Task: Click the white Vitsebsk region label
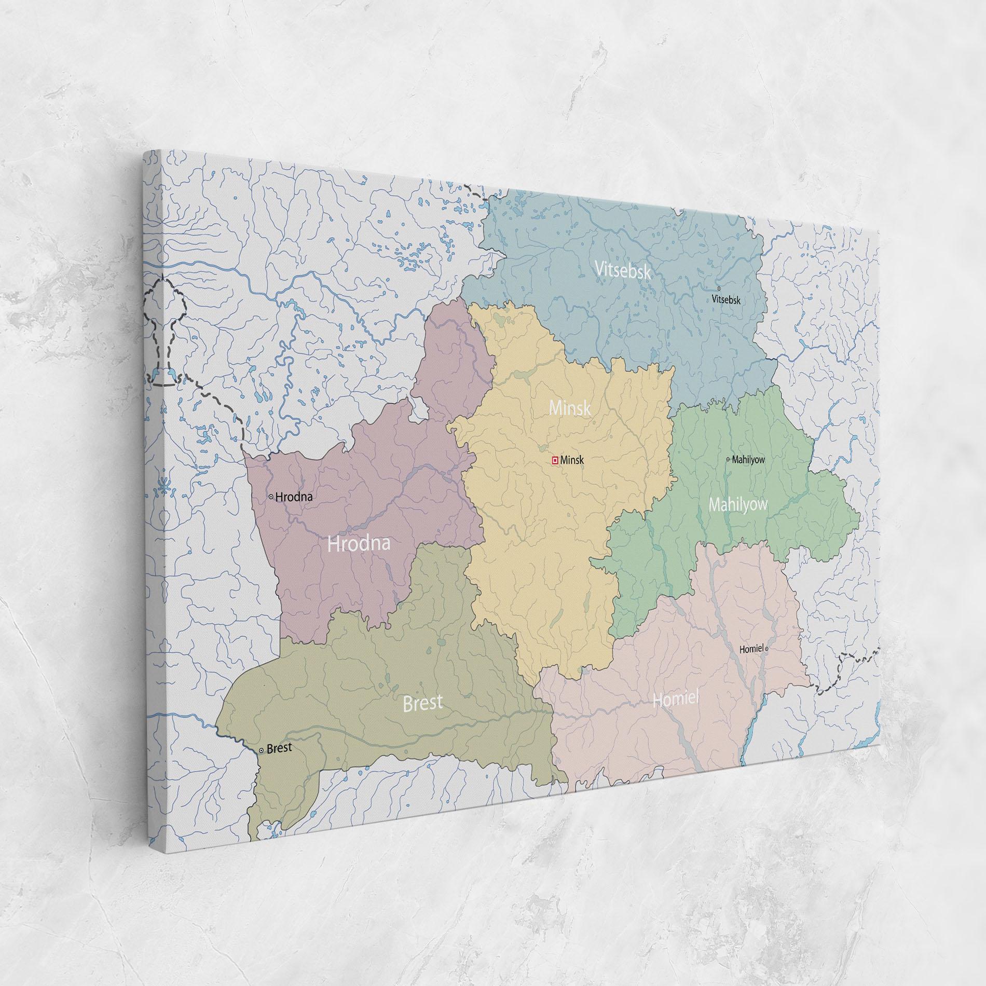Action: click(622, 270)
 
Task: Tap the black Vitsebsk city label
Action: click(726, 299)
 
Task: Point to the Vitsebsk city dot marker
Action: click(719, 289)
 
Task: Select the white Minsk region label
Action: click(570, 408)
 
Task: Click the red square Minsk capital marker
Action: click(554, 460)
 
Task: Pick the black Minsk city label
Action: click(572, 460)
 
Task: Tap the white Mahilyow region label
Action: click(738, 504)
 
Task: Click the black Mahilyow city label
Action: click(748, 460)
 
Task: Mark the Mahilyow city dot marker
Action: click(728, 459)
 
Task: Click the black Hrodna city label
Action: click(294, 497)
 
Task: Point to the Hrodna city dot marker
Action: click(271, 497)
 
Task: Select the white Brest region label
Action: click(422, 703)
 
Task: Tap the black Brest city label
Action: click(279, 748)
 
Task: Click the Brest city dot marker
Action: click(261, 751)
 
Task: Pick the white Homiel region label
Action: click(676, 699)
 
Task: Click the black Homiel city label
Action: click(751, 649)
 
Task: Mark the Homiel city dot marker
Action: click(766, 649)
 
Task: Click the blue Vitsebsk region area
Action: click(649, 337)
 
